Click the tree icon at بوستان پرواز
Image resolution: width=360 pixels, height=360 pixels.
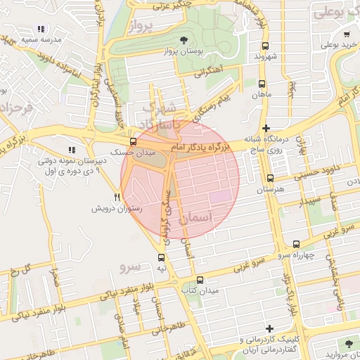[184, 39]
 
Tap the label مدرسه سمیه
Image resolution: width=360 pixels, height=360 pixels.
[38, 40]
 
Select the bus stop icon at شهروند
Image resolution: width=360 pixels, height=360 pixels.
[269, 44]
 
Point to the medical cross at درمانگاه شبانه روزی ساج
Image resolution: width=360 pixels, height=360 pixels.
[265, 128]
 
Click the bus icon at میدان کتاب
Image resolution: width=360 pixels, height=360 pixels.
[200, 279]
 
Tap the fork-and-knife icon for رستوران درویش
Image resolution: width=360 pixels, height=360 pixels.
[117, 198]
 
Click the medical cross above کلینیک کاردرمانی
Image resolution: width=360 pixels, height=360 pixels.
[269, 328]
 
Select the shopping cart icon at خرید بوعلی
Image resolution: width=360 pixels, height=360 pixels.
[347, 34]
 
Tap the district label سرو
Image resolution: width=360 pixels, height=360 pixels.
[131, 266]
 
